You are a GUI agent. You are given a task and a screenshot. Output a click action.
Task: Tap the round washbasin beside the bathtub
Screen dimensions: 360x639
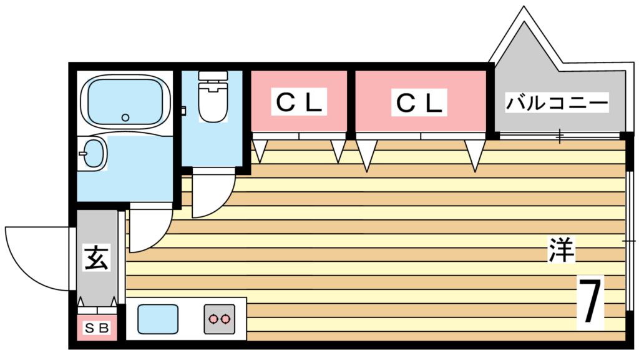pos(93,153)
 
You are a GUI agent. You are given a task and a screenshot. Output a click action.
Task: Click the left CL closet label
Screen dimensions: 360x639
pos(299,102)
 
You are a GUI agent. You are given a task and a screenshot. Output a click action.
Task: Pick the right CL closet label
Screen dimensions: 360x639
pos(420,102)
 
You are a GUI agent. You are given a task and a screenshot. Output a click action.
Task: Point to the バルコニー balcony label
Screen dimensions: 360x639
pos(557,102)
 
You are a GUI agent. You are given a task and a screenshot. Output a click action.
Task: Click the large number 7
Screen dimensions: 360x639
pos(590,303)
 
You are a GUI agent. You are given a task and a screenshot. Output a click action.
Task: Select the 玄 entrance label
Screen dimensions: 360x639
pos(97,257)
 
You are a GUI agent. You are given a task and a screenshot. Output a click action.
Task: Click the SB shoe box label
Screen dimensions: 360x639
pos(97,327)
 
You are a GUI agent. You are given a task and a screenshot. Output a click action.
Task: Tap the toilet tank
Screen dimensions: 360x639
pos(212,77)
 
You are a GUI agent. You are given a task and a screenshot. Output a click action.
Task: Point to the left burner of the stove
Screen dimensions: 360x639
pos(213,319)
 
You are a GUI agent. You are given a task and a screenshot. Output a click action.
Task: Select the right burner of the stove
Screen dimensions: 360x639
pos(225,319)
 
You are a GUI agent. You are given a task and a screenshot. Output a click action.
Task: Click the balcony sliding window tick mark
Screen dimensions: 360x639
pos(560,135)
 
